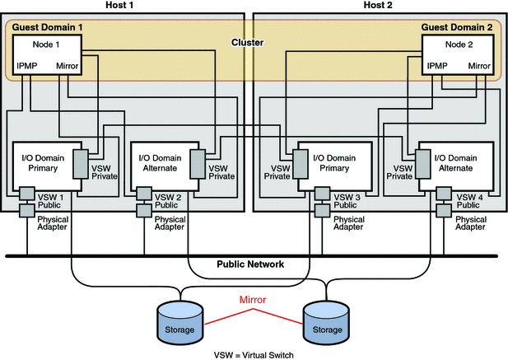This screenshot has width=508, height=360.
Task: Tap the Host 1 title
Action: tap(121, 6)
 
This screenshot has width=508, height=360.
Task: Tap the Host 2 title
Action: tap(379, 6)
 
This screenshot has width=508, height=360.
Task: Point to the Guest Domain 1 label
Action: tap(48, 28)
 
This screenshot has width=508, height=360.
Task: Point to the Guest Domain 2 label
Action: tap(456, 28)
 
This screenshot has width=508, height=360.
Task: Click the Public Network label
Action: tap(250, 264)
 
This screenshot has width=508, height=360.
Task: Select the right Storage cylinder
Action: tap(326, 322)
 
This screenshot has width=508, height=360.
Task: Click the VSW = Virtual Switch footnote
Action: tap(253, 354)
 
